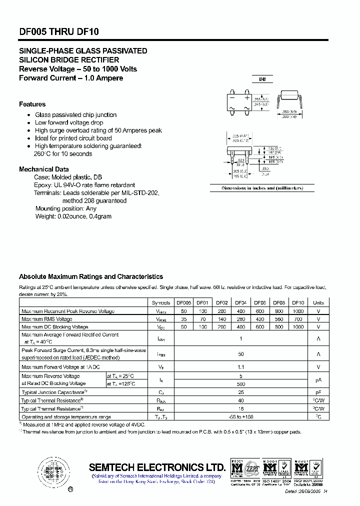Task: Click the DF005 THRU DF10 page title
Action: pyautogui.click(x=59, y=31)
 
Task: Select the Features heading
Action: pyautogui.click(x=32, y=104)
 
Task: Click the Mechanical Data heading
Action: pyautogui.click(x=44, y=169)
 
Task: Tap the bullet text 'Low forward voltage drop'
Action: pyautogui.click(x=69, y=122)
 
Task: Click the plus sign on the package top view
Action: pyautogui.click(x=246, y=98)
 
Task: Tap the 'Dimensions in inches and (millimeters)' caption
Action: pyautogui.click(x=262, y=188)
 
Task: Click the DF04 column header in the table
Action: pyautogui.click(x=241, y=302)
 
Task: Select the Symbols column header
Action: pyautogui.click(x=160, y=302)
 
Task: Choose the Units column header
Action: pyautogui.click(x=318, y=302)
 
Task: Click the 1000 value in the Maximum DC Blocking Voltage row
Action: pyautogui.click(x=297, y=326)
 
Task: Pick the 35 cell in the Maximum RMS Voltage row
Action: pyautogui.click(x=183, y=318)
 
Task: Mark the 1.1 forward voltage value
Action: pyautogui.click(x=240, y=366)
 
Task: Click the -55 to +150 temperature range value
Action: pyautogui.click(x=240, y=416)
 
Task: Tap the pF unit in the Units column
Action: pyautogui.click(x=318, y=392)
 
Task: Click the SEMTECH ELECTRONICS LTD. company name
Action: pyautogui.click(x=157, y=467)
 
